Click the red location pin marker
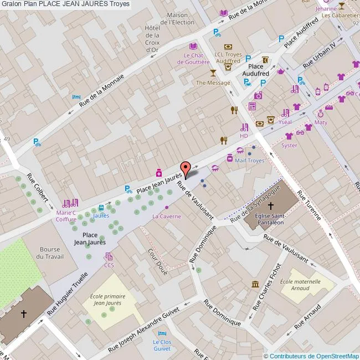186,168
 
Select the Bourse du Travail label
49,253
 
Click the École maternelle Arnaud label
300,285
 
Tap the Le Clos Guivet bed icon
162,333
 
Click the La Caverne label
167,216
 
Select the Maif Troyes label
249,161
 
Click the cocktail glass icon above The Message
213,73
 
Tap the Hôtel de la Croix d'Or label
152,39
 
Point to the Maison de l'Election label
177,19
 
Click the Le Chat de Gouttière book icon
193,47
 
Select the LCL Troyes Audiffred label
228,58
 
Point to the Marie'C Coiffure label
66,215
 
